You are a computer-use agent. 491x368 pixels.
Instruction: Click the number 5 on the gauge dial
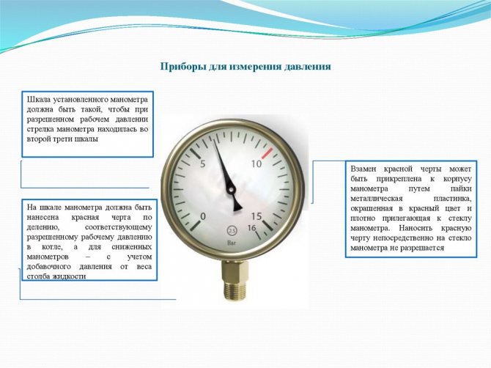202,163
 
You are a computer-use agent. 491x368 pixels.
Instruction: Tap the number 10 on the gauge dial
256,163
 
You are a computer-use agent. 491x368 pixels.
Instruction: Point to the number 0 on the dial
203,216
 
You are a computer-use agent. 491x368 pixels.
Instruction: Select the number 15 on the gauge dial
256,216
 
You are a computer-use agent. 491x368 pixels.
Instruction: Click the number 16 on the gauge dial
252,228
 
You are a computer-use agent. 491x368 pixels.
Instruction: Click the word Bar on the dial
232,243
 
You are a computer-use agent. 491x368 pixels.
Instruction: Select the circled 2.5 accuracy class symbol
232,231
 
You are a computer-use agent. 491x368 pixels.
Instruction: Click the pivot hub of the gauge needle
231,190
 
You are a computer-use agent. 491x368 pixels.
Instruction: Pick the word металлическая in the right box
377,199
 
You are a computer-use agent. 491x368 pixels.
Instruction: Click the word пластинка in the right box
452,199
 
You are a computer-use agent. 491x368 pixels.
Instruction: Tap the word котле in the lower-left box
52,247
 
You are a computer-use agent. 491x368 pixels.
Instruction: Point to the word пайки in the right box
461,189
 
